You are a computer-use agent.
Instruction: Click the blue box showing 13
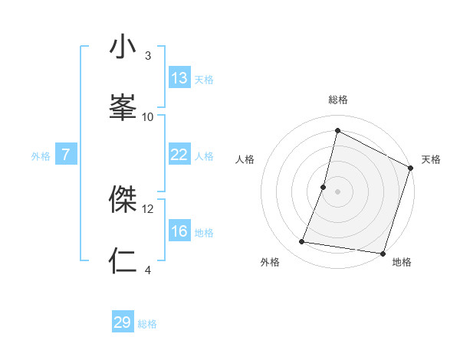click(x=179, y=78)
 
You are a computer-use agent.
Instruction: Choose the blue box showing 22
click(x=179, y=155)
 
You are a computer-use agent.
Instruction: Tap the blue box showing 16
click(x=179, y=231)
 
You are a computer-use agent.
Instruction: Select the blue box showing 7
click(x=66, y=155)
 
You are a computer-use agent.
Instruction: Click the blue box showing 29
click(x=123, y=322)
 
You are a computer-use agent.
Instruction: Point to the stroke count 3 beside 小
click(x=148, y=56)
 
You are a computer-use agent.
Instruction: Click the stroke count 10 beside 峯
click(x=148, y=116)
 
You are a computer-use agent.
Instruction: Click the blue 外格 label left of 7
click(x=41, y=156)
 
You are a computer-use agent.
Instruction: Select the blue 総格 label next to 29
click(x=147, y=324)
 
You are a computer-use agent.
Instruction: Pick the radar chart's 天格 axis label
click(x=431, y=159)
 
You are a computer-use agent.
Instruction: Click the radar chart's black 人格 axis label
click(x=245, y=159)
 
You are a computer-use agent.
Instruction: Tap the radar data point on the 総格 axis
click(x=337, y=130)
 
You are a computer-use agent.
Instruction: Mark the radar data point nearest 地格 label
click(x=382, y=253)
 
